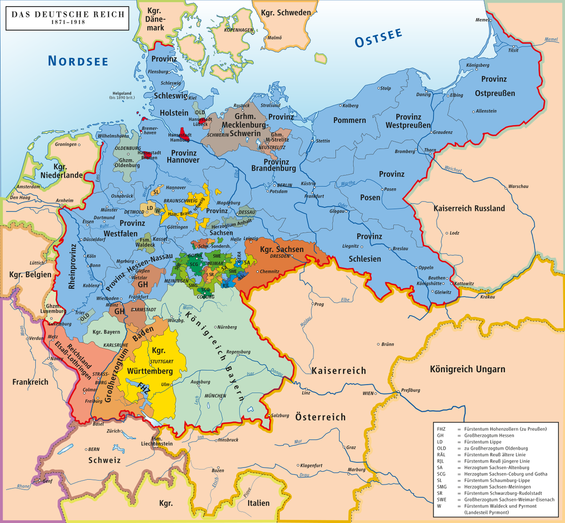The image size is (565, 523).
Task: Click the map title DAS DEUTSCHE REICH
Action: coord(68,14)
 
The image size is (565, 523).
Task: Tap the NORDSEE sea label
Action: coord(78,61)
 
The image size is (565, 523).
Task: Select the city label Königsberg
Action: coord(477,65)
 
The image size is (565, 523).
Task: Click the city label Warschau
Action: coord(518,186)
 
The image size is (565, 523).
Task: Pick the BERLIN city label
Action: coord(284,185)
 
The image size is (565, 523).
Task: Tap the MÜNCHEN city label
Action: coord(215,396)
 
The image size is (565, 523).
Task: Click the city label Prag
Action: coord(319,304)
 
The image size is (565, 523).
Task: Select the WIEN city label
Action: coord(368,393)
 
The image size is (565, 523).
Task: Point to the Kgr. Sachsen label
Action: coord(282,249)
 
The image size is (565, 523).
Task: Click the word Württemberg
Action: coord(150,371)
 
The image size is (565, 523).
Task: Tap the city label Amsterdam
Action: coord(28,187)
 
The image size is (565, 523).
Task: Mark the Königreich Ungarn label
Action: coord(467,369)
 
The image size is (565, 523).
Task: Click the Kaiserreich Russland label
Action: coord(468,208)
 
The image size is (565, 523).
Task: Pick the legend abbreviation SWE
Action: coord(441,499)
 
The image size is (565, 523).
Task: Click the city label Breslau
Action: coord(400,248)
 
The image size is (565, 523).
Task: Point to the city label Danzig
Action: coord(423,94)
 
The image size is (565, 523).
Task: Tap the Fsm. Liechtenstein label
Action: coord(157,441)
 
